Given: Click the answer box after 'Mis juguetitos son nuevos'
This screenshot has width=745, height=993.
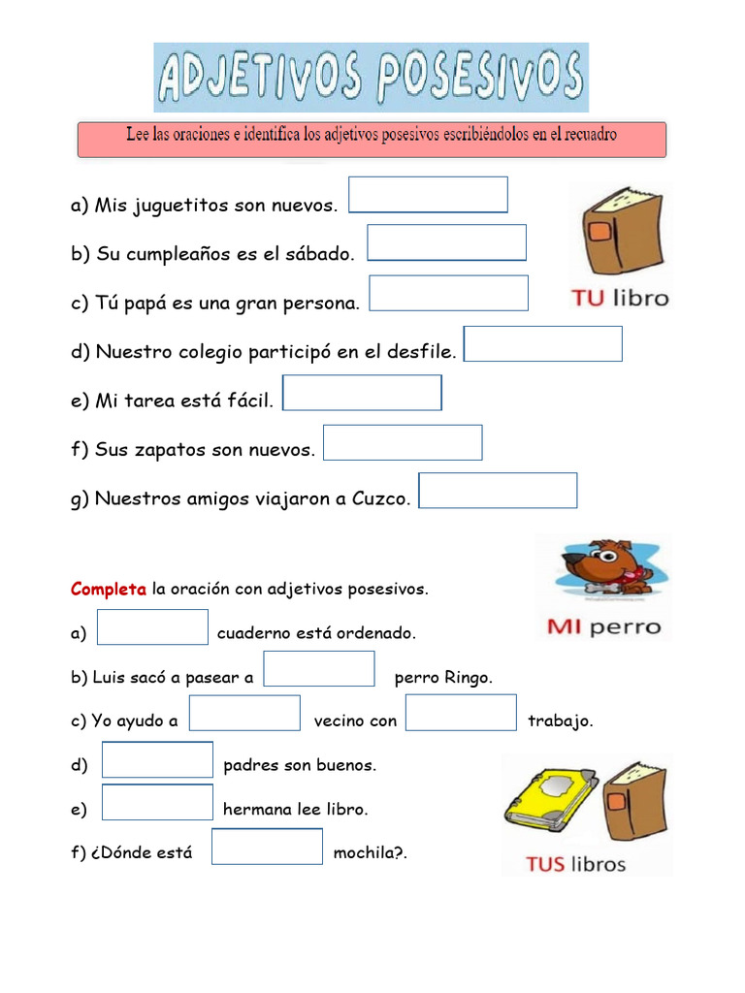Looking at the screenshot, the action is click(x=428, y=194).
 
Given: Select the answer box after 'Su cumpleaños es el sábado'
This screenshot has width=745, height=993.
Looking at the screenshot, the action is click(x=446, y=242).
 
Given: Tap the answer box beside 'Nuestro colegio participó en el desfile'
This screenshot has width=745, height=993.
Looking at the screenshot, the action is click(x=542, y=343).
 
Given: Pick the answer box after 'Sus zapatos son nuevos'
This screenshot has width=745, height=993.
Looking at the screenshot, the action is click(x=403, y=442).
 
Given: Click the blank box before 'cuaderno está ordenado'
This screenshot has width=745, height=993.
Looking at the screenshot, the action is click(x=153, y=626).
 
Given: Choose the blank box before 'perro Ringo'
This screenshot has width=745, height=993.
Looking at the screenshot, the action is click(x=319, y=668).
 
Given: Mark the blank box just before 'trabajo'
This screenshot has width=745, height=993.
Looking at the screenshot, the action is click(x=461, y=713).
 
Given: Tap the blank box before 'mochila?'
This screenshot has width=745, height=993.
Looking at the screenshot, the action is click(x=267, y=847).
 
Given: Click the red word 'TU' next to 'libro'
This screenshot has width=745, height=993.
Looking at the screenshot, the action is click(x=588, y=298).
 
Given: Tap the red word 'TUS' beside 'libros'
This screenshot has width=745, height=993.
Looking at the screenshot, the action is click(x=545, y=863).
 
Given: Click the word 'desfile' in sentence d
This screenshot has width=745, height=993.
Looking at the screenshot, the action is click(x=421, y=352).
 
